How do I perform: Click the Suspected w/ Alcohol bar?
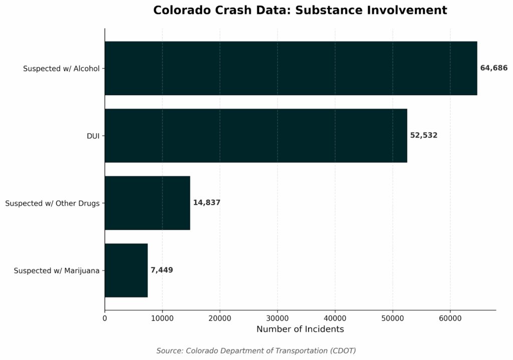[x=291, y=68]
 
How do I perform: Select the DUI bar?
[x=255, y=135]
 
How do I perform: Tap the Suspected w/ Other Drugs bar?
[x=147, y=203]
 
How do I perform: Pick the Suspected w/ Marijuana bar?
[x=126, y=270]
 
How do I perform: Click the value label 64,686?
[x=493, y=68]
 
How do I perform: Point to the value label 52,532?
[x=424, y=135]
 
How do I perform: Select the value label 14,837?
[x=207, y=203]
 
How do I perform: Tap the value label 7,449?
[x=162, y=270]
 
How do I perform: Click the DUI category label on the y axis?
[x=93, y=136]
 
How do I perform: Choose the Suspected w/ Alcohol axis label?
[x=61, y=69]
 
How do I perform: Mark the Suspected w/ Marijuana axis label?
[x=57, y=271]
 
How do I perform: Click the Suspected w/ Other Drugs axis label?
[x=52, y=203]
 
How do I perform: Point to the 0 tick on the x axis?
[x=105, y=317]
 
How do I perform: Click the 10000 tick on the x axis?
[x=162, y=317]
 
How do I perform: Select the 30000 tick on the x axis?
[x=278, y=317]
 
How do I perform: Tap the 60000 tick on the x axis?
[x=450, y=317]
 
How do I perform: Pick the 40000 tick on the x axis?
[x=335, y=317]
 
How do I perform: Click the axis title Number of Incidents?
[x=300, y=329]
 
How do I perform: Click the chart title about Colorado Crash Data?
[x=300, y=10]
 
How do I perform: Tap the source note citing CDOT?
[x=256, y=350]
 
